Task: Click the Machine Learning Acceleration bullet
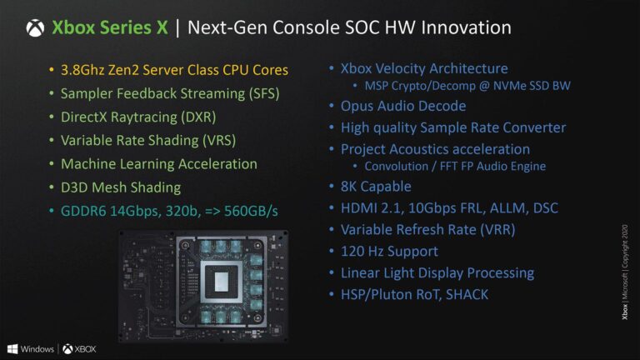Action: [158, 164]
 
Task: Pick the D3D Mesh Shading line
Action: [121, 187]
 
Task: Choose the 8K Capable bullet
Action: [376, 187]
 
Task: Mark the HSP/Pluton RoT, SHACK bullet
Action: [414, 294]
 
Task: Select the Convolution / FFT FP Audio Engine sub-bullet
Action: [455, 166]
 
